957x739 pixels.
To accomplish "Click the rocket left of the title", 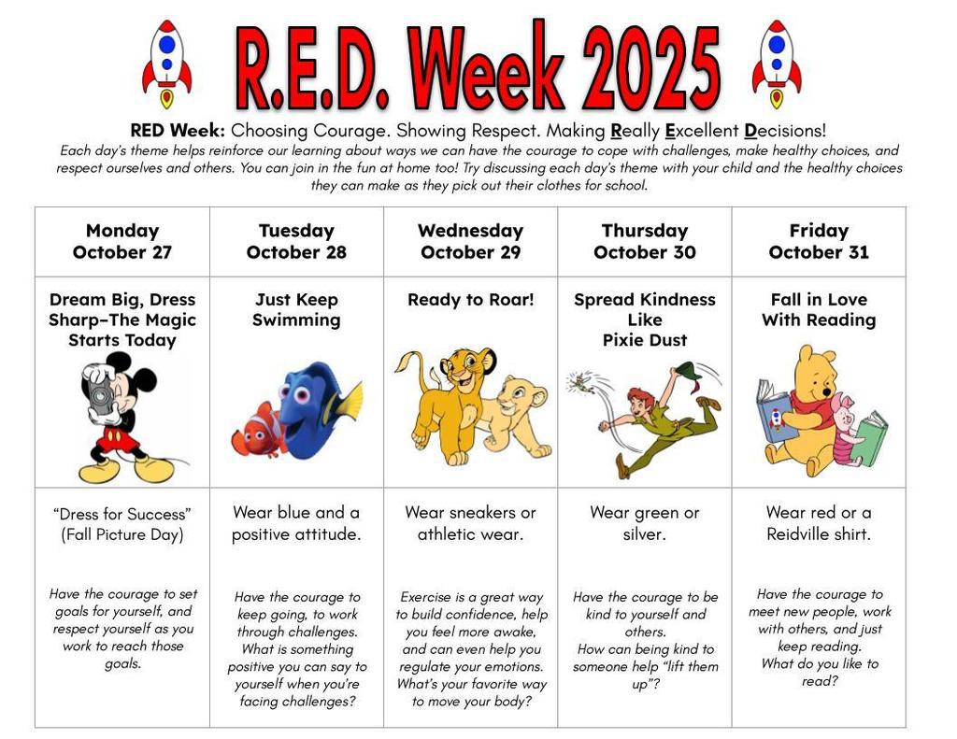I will pos(166,64).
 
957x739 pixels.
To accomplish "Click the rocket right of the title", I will pos(776,64).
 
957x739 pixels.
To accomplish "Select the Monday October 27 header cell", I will pos(122,241).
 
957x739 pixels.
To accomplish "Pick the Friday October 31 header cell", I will pos(818,241).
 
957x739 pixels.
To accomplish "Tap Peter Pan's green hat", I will pos(690,371).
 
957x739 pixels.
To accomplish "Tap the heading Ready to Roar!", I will pos(470,300).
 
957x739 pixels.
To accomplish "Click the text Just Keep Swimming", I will pos(296,309).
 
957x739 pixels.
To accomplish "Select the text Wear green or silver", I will pos(644,523).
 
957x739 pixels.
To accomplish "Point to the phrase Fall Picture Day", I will pos(121,534).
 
